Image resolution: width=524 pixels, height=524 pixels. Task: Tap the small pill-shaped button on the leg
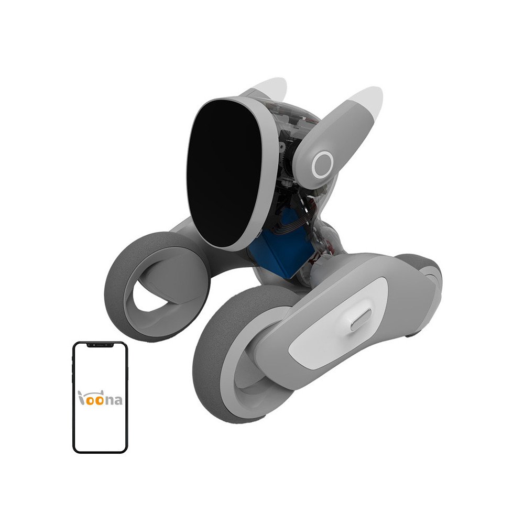coord(360,320)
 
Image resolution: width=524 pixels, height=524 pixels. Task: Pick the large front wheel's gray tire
coord(210,367)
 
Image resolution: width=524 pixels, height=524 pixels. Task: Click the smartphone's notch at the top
coord(100,345)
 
